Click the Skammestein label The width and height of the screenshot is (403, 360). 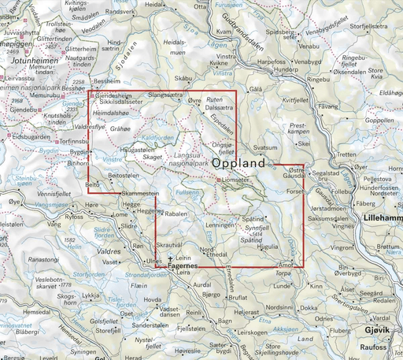pos(142,193)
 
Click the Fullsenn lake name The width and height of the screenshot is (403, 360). pos(189,192)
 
